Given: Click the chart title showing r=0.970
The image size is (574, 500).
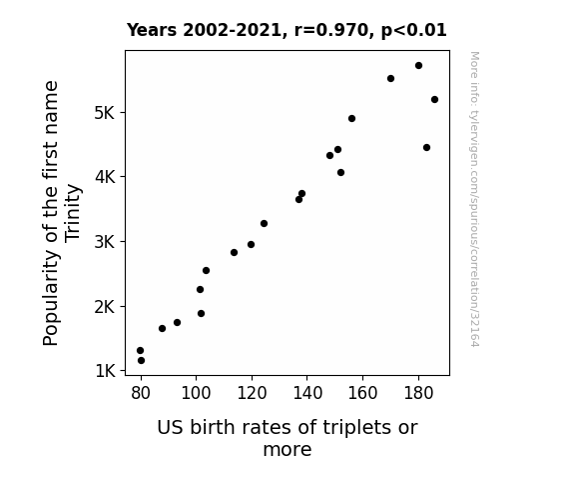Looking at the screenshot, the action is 287,30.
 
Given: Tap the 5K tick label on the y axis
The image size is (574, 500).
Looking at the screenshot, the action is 105,113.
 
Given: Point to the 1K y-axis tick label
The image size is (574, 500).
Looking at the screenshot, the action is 106,371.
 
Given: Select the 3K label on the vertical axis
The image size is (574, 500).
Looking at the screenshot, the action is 105,242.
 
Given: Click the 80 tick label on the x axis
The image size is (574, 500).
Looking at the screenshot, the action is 141,393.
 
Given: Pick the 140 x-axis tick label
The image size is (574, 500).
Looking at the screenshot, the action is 307,393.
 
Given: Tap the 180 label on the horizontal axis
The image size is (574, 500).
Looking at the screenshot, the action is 418,393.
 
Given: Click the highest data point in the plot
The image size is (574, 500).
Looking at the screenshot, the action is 419,66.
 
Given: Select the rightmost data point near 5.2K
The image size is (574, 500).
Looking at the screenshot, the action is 434,99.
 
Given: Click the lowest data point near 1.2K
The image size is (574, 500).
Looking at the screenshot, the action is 142,361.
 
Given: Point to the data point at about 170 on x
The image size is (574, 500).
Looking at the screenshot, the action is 390,79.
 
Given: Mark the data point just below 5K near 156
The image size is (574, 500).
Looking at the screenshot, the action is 351,118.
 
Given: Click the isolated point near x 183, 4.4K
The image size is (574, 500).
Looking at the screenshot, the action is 426,147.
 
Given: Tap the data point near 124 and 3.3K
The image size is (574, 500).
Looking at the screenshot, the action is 264,223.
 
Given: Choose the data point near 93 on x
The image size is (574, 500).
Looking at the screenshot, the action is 177,322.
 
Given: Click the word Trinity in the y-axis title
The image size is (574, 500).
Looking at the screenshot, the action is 72,213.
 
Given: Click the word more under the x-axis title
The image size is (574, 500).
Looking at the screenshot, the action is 287,449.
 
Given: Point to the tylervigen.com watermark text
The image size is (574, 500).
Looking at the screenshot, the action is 474,199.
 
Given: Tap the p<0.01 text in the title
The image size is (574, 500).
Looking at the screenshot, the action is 414,30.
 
